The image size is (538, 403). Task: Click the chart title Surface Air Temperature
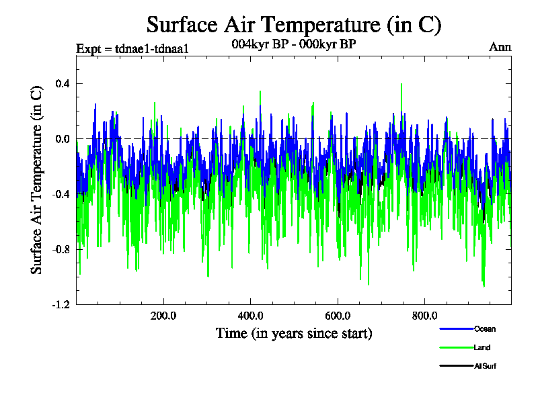point(294,25)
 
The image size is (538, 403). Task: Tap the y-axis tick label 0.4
point(63,83)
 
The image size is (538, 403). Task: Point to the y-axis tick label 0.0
point(63,139)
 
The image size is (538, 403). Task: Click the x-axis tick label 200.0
point(163,316)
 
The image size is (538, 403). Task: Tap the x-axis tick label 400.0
point(250,316)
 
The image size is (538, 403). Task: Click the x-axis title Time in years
point(294,333)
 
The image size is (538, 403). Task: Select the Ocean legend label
point(485,329)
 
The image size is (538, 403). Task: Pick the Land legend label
point(482,347)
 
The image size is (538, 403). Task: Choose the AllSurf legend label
point(486,366)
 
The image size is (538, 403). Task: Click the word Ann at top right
point(500,47)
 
